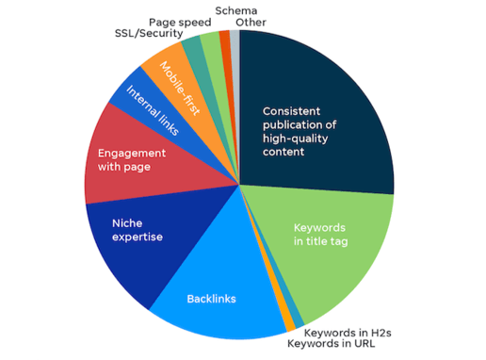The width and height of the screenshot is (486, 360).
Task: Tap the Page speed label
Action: click(x=179, y=21)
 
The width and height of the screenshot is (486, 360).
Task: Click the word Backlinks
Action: click(x=210, y=300)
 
